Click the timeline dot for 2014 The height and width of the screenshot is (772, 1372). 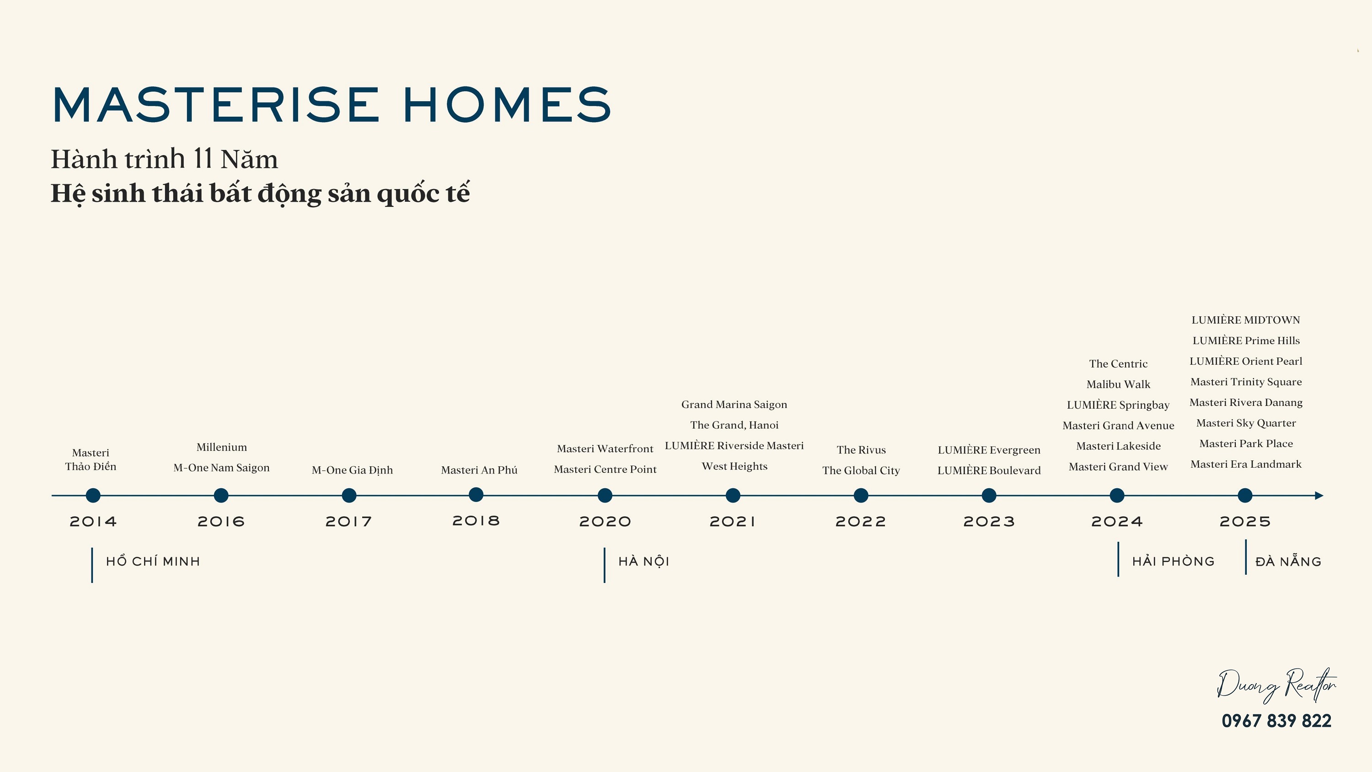point(93,496)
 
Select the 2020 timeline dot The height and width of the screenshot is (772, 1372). point(605,496)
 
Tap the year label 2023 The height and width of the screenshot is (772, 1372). point(989,522)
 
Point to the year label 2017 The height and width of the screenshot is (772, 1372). point(349,522)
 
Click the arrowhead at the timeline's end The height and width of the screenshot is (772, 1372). point(1319,496)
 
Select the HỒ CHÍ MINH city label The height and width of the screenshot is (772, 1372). point(153,561)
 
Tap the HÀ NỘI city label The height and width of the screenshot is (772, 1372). point(644,561)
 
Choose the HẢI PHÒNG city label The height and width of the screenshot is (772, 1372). point(1174,561)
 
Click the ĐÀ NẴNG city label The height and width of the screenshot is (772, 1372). point(1288,561)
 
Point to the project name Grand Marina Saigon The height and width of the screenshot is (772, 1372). point(734,405)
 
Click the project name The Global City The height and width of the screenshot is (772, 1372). point(861,470)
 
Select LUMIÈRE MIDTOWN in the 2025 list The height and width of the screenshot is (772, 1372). point(1246,320)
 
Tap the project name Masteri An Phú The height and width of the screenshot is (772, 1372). point(479,470)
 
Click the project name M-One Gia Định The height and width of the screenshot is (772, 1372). point(352,470)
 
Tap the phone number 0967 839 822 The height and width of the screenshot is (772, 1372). point(1276,721)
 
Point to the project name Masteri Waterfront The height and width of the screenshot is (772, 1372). point(605,448)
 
